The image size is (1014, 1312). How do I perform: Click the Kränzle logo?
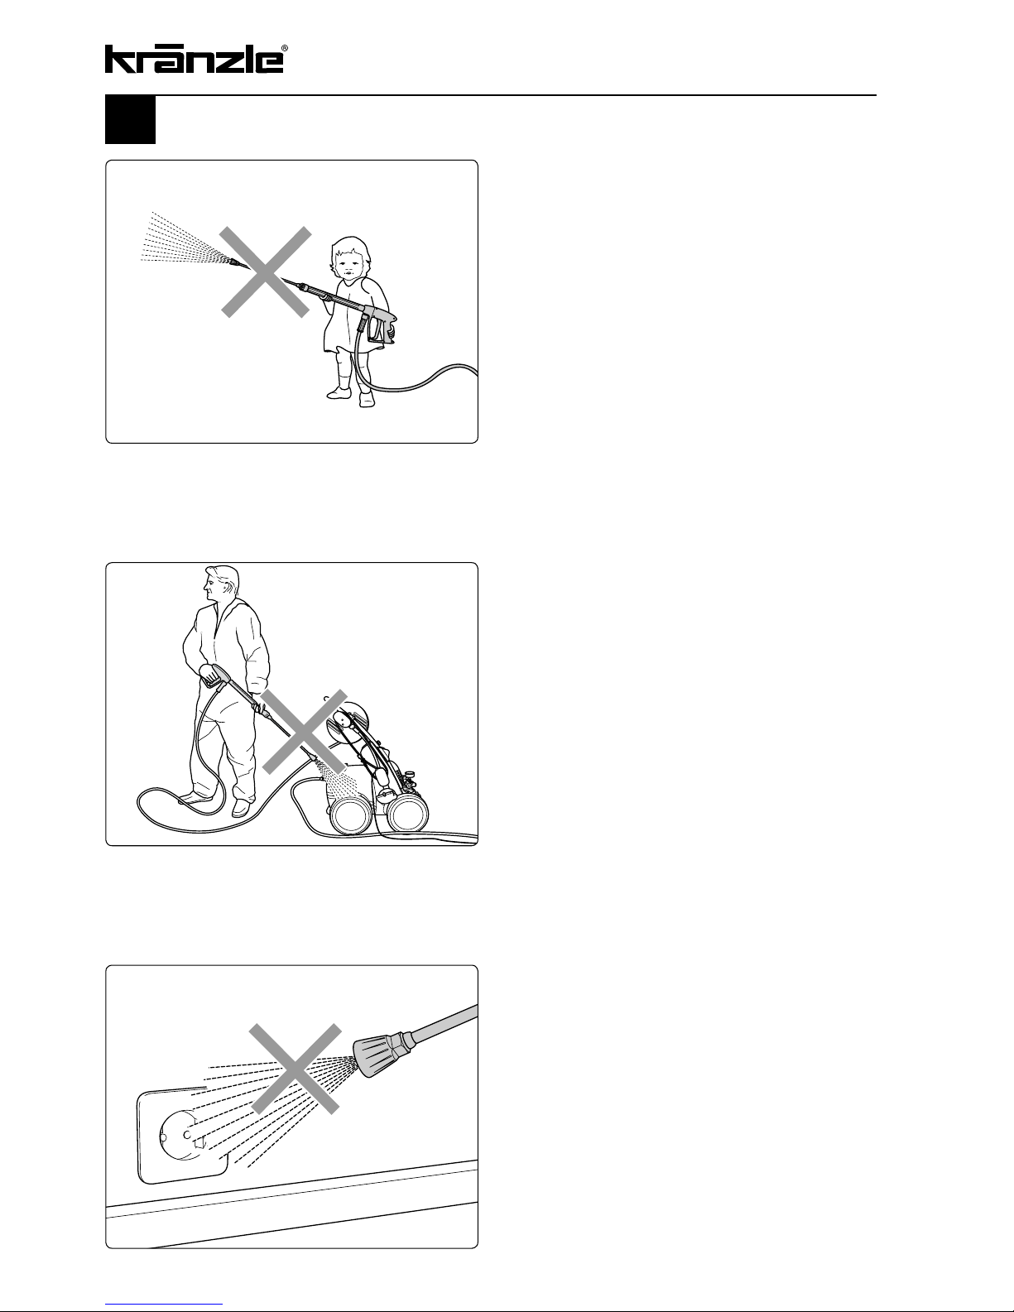(194, 59)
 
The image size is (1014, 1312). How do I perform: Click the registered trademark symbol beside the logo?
(285, 48)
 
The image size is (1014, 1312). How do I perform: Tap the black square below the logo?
(131, 119)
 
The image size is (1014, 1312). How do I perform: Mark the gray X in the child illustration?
(266, 272)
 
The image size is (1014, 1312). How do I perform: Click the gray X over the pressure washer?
(304, 731)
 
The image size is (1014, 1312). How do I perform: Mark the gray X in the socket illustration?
(296, 1069)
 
